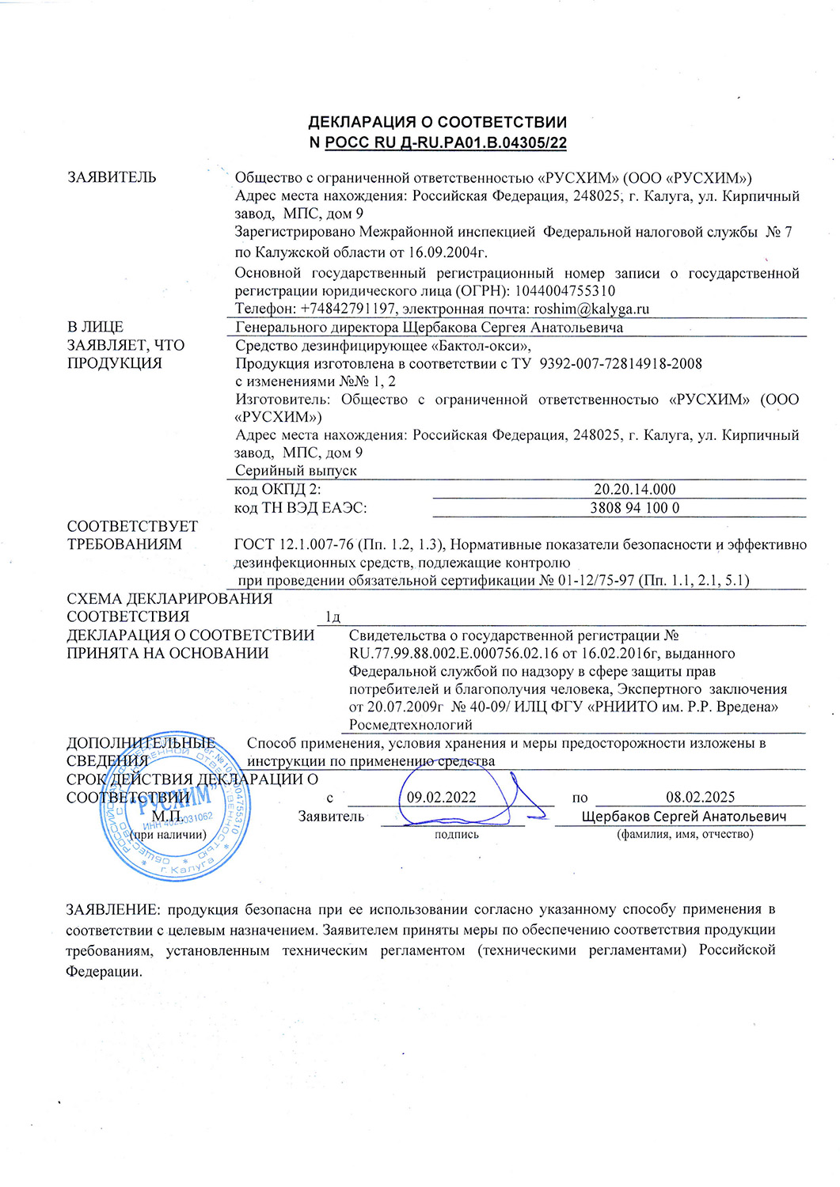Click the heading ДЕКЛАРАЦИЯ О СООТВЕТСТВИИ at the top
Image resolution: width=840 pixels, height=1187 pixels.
coord(437,122)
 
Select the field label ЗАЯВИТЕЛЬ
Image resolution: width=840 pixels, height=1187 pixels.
coord(112,177)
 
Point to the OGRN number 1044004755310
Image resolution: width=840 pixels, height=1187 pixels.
coord(565,291)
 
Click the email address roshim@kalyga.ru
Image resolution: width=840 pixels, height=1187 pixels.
coord(591,309)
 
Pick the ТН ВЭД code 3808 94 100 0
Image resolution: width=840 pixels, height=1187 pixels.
coord(634,507)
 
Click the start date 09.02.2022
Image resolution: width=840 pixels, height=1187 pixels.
coord(441,797)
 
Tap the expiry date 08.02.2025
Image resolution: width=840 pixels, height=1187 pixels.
coord(700,797)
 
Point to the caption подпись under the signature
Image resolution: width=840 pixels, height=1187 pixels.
coord(457,834)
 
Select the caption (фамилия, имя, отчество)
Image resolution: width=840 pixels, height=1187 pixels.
coord(685,834)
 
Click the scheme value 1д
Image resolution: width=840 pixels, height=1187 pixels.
coord(333,616)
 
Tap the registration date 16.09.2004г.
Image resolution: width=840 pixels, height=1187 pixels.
coord(447,252)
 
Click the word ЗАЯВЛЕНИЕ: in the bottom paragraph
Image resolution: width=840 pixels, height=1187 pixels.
coord(114,909)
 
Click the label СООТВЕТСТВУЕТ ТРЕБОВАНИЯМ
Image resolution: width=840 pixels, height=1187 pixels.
coord(132,535)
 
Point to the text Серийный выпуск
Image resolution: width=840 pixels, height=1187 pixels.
coord(296,471)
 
